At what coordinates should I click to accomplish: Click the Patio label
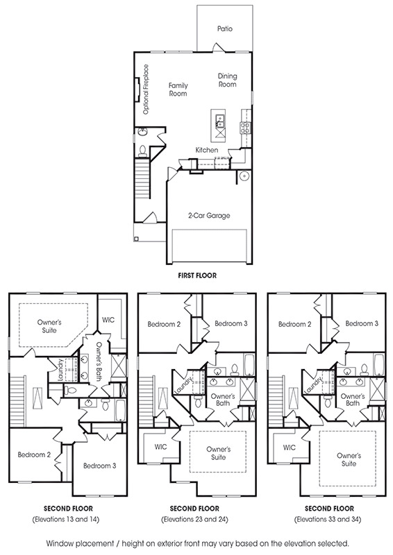tap(225, 28)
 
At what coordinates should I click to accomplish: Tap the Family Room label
tap(178, 89)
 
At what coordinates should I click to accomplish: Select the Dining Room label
tap(227, 80)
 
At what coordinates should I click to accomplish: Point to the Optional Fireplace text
tap(145, 89)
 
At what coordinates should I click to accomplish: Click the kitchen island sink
tap(219, 120)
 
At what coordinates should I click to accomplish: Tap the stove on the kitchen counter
tap(245, 128)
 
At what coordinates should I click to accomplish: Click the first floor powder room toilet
tap(142, 151)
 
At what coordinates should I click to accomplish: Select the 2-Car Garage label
tap(209, 216)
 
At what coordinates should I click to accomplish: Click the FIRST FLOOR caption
tap(197, 275)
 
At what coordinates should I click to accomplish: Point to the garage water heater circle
tap(244, 176)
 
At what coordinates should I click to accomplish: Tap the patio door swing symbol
tap(219, 48)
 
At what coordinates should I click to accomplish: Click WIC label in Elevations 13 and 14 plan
tap(108, 320)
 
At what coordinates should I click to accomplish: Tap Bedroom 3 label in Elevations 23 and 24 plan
tap(231, 323)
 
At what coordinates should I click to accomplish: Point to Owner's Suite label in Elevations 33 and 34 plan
tap(349, 459)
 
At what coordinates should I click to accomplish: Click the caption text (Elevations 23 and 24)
tap(194, 519)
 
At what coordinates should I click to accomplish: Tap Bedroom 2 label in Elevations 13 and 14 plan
tap(34, 454)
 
